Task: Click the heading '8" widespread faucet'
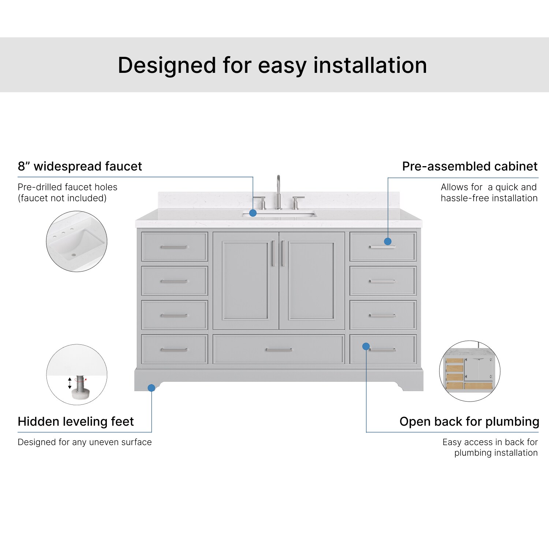[80, 167]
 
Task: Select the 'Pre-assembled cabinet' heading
[470, 167]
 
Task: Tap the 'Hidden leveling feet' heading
[76, 422]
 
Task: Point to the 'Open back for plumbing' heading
[469, 422]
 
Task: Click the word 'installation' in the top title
[370, 66]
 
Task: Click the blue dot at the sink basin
[253, 213]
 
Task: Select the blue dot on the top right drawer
[388, 241]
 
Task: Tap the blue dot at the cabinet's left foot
[152, 388]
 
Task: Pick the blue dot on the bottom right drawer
[366, 346]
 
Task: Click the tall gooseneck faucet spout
[279, 190]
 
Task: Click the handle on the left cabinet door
[273, 253]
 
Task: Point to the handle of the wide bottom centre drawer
[279, 350]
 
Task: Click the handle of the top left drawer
[174, 247]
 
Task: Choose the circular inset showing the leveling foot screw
[77, 374]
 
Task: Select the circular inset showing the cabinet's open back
[470, 371]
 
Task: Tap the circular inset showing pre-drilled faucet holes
[76, 241]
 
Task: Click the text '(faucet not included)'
[62, 198]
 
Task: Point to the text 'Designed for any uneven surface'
[85, 442]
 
